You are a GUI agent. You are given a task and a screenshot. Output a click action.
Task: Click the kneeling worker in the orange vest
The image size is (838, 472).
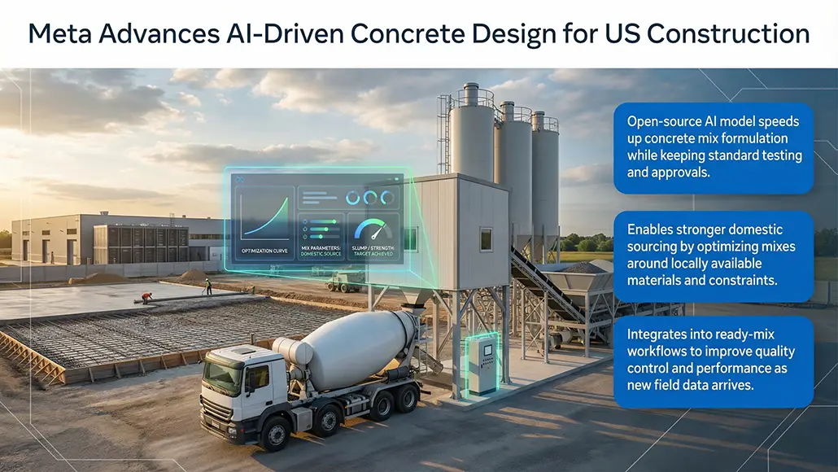pyautogui.click(x=146, y=298)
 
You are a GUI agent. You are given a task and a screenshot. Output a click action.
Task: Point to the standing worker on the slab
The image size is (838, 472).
pyautogui.click(x=208, y=286)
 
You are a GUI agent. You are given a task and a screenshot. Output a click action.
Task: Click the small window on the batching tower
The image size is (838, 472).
pyautogui.click(x=486, y=239)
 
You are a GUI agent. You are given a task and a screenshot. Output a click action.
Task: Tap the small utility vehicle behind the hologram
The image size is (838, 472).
pyautogui.click(x=346, y=282)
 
